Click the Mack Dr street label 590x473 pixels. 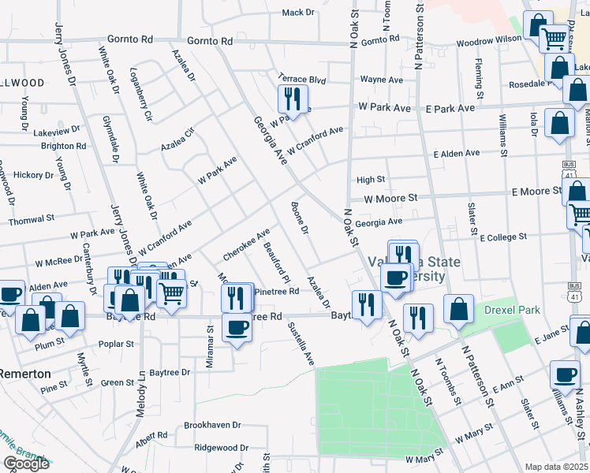[298, 13]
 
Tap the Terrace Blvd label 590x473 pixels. [301, 80]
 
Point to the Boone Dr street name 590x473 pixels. [299, 221]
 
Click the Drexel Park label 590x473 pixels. [512, 310]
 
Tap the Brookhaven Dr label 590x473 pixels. [212, 425]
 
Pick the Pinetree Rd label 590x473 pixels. [276, 292]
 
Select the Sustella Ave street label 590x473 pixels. [301, 343]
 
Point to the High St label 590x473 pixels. [370, 181]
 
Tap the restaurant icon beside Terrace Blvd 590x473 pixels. [290, 99]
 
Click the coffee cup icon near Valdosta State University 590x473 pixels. [394, 277]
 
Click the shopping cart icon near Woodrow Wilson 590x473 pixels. [555, 36]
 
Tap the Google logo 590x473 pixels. [25, 464]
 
